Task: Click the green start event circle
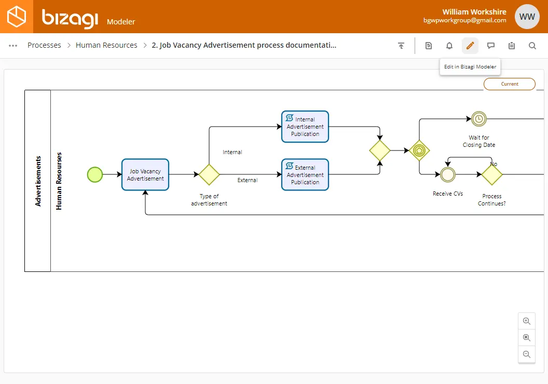coord(95,174)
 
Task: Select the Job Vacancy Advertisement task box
coord(145,175)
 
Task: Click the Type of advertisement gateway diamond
coord(209,174)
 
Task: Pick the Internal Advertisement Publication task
coord(305,127)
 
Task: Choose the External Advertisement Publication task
coord(305,175)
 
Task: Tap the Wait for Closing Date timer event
coord(479,119)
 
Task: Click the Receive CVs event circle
coord(448,174)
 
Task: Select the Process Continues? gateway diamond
coord(492,174)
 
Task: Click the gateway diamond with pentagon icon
coord(419,150)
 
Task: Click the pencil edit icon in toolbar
coord(470,46)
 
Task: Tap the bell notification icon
coord(449,46)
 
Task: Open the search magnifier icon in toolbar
coord(532,46)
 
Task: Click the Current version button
coord(510,84)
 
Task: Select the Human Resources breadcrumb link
coord(106,45)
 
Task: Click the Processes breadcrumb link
coord(44,45)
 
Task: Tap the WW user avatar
coord(527,17)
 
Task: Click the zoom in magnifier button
coord(527,321)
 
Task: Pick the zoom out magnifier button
coord(527,354)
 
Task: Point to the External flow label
coord(248,180)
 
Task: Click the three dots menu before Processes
coord(13,46)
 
